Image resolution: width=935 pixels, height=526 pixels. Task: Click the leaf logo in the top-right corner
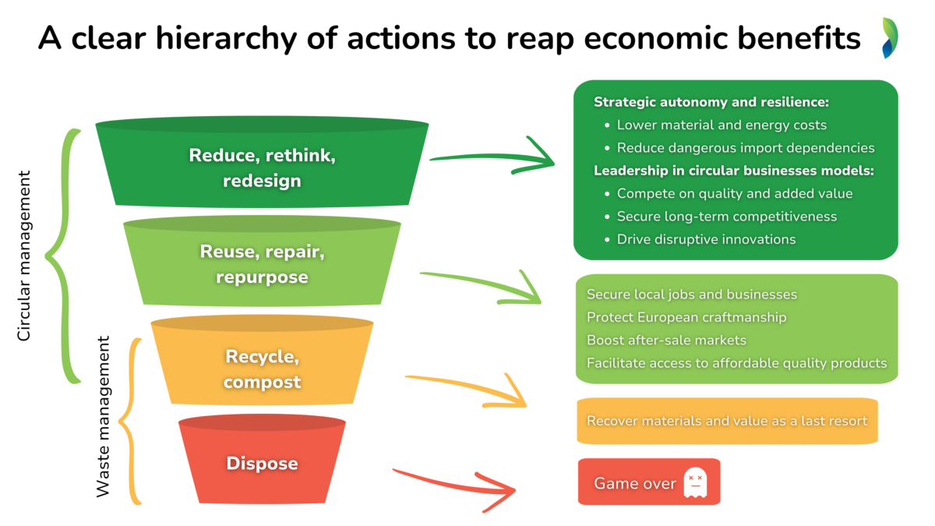click(890, 37)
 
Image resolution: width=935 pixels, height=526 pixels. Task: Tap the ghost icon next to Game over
click(694, 483)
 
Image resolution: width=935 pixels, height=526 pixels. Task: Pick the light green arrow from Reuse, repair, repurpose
click(483, 284)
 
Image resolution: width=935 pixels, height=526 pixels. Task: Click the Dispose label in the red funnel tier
click(262, 463)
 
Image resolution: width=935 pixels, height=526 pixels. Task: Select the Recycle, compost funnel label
click(262, 369)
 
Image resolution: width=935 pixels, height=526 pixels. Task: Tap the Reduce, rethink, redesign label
click(262, 168)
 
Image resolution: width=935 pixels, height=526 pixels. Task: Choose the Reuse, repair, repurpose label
click(262, 264)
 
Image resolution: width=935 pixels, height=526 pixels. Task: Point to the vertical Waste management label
click(102, 417)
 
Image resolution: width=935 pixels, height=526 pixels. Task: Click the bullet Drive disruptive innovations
click(706, 239)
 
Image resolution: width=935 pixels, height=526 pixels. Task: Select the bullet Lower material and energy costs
click(722, 125)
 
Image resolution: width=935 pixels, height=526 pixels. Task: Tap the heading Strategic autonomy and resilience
click(711, 102)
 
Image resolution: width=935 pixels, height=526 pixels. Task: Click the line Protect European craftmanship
click(686, 317)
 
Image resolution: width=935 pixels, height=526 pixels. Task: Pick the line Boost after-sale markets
click(666, 340)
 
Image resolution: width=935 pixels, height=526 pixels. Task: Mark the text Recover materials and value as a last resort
click(726, 421)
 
